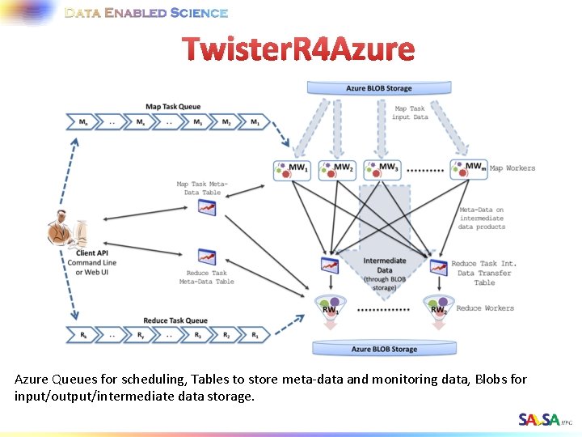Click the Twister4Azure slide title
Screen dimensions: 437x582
[298, 50]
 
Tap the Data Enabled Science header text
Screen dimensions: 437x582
[146, 13]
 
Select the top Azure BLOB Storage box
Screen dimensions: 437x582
[378, 88]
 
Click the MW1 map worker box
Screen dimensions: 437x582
[292, 168]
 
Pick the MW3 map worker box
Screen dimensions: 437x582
[382, 168]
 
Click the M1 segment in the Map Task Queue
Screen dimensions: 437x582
[255, 122]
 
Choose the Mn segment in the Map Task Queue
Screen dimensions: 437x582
[84, 122]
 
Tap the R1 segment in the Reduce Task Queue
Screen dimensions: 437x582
[255, 334]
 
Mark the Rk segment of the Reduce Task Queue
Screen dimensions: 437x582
[84, 334]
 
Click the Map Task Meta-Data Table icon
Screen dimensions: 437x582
[207, 208]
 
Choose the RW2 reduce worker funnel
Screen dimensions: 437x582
[437, 307]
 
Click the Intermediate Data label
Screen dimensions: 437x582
[385, 265]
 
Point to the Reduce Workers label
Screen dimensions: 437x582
[485, 308]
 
